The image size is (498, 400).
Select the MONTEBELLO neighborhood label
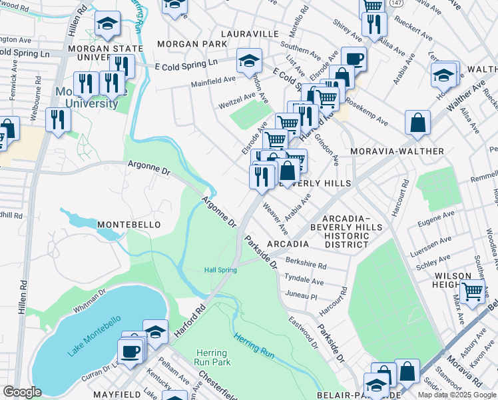pyautogui.click(x=129, y=225)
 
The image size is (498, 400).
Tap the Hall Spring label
pyautogui.click(x=220, y=269)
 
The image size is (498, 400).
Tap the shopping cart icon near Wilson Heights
pyautogui.click(x=472, y=291)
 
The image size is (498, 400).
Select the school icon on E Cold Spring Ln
pyautogui.click(x=248, y=61)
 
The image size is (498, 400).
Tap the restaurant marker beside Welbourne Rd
pyautogui.click(x=58, y=119)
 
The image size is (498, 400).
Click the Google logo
pyautogui.click(x=22, y=392)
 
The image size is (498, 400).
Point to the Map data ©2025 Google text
pyautogui.click(x=457, y=395)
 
